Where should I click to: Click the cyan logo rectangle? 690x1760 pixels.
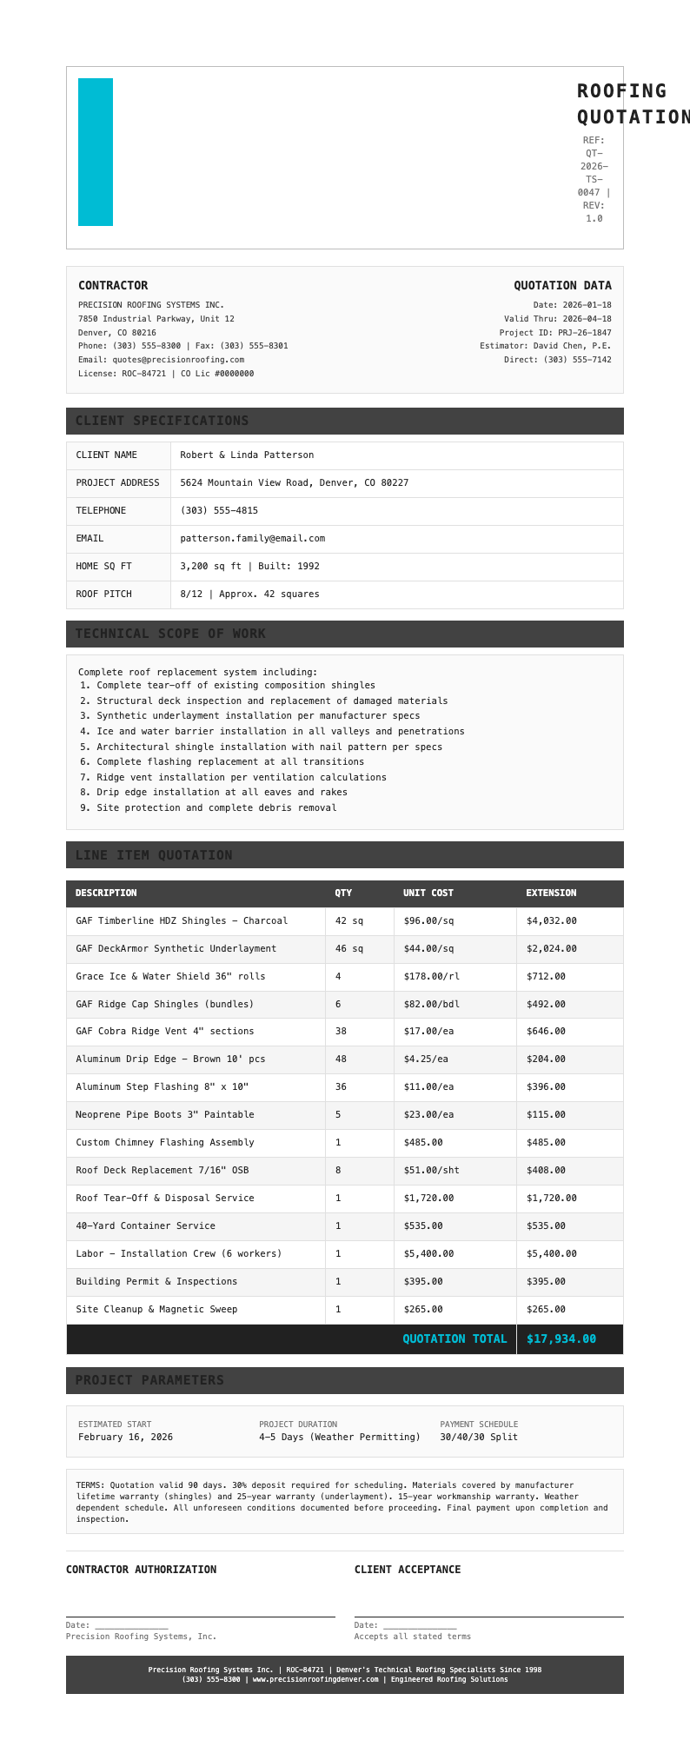[x=96, y=152]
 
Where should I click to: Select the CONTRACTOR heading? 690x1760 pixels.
[x=113, y=285]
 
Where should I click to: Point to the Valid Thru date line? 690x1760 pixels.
[x=557, y=319]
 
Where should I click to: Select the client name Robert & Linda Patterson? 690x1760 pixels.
[x=247, y=455]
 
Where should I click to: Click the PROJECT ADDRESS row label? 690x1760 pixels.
[x=117, y=482]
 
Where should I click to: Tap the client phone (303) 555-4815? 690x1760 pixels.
[x=219, y=510]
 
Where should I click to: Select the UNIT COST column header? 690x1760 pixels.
[x=428, y=893]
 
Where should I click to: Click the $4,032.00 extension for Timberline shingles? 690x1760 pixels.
[x=551, y=920]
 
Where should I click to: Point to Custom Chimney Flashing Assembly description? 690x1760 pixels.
[x=165, y=1142]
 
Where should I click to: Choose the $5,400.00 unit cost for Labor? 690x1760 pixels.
[x=428, y=1253]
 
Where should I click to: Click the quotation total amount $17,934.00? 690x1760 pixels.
[x=561, y=1338]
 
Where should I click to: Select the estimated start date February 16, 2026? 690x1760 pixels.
[x=125, y=1437]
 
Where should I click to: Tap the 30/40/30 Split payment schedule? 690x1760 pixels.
[x=478, y=1437]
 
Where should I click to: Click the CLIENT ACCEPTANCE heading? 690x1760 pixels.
[x=408, y=1569]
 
